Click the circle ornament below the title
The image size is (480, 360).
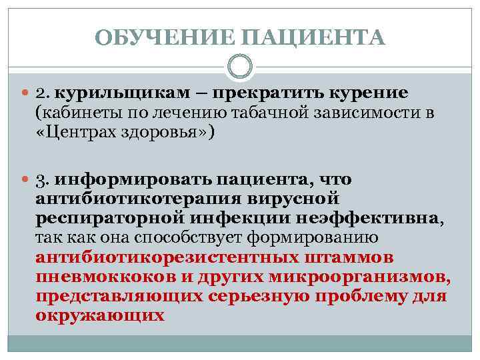[x=240, y=67]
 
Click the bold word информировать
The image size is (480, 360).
[x=127, y=180]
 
